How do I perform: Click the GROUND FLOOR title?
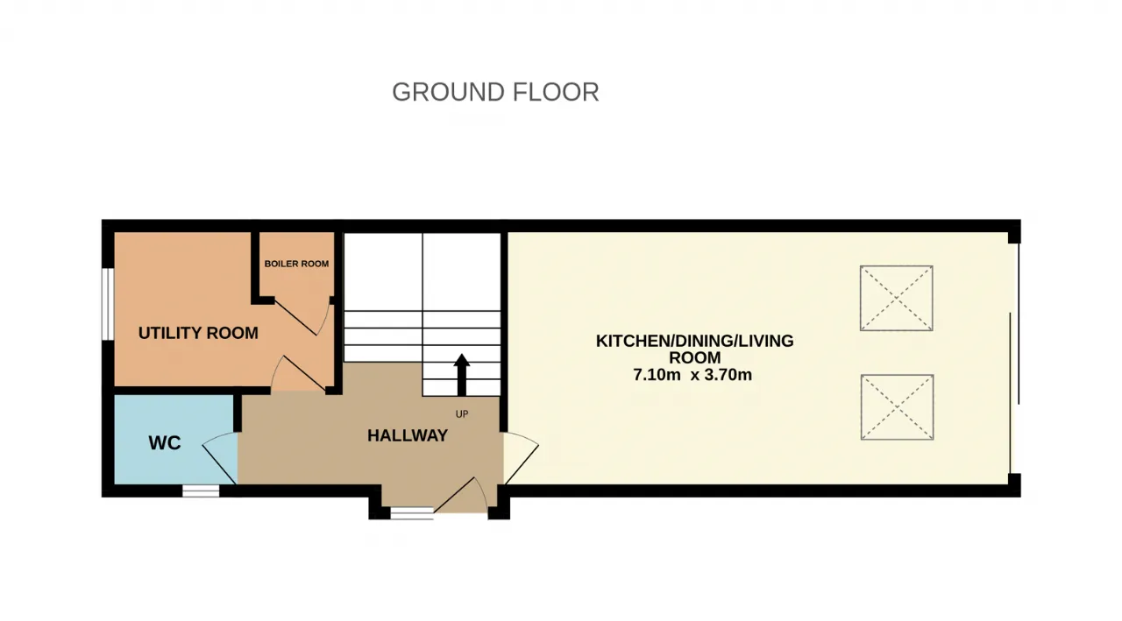click(495, 93)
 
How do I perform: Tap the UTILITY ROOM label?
click(198, 333)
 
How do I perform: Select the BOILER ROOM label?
click(296, 264)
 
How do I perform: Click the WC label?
click(164, 443)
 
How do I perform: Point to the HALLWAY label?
click(408, 436)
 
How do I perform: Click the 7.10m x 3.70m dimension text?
click(692, 375)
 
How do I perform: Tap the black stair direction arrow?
click(462, 375)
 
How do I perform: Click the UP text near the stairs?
click(462, 414)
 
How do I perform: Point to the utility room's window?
click(108, 304)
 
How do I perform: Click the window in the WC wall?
click(201, 490)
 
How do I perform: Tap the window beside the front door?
click(412, 513)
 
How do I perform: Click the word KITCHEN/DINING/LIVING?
click(695, 342)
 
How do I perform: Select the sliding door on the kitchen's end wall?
click(1015, 357)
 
